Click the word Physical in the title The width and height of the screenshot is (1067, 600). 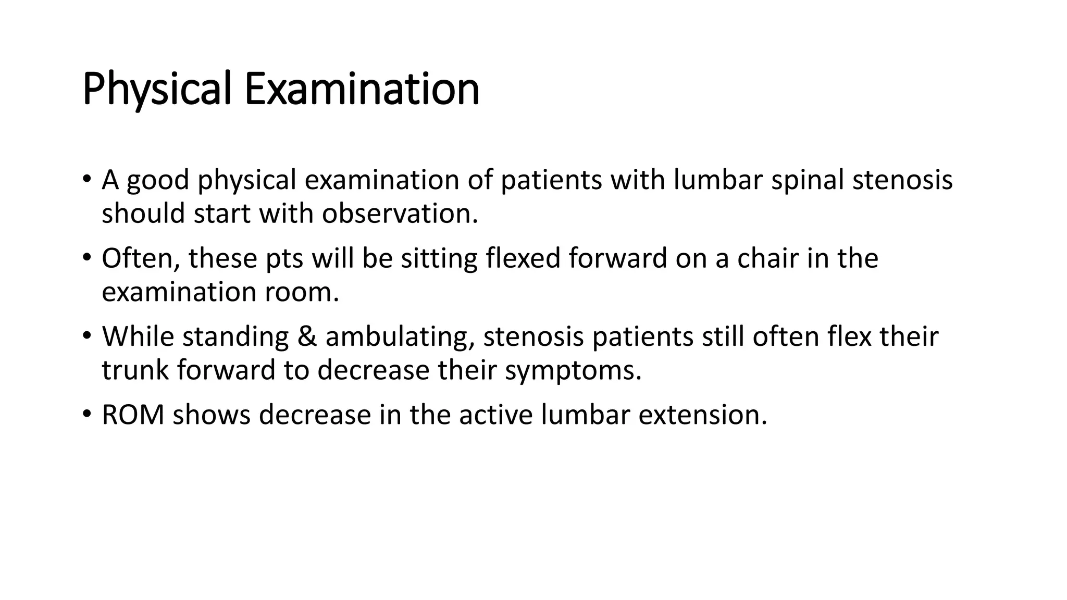[x=156, y=90]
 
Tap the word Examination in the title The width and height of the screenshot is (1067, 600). [x=362, y=90]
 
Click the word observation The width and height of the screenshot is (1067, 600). [x=400, y=214]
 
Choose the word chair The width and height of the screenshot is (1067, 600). [x=767, y=258]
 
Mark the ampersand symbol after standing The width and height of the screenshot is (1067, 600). [x=307, y=336]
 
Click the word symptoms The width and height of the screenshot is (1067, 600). [x=573, y=370]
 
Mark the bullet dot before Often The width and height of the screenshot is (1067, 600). [x=86, y=257]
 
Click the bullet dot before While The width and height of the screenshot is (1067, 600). [x=86, y=335]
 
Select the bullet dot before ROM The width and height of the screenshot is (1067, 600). [x=86, y=414]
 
